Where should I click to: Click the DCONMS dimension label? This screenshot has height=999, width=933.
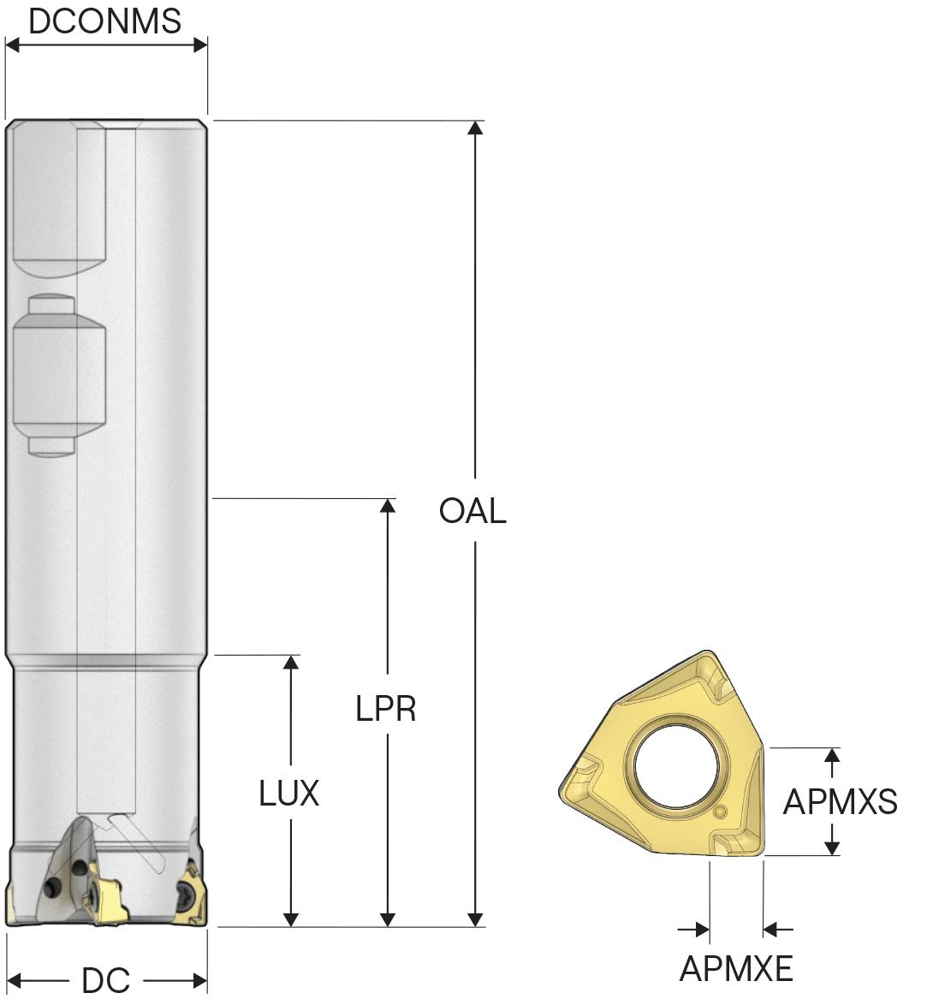(x=105, y=21)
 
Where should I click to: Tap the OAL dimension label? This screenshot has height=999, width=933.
(x=472, y=511)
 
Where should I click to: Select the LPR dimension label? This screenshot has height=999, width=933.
(x=386, y=709)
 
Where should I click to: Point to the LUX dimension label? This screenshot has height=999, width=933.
(x=289, y=794)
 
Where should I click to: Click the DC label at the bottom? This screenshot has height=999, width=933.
(x=106, y=980)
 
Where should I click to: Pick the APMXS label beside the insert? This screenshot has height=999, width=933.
(x=840, y=801)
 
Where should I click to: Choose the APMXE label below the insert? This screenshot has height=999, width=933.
(x=736, y=969)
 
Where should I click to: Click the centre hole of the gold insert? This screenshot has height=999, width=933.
(x=677, y=765)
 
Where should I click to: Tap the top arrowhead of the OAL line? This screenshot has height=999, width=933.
(x=474, y=128)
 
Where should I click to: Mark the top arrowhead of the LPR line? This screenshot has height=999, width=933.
(x=387, y=506)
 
